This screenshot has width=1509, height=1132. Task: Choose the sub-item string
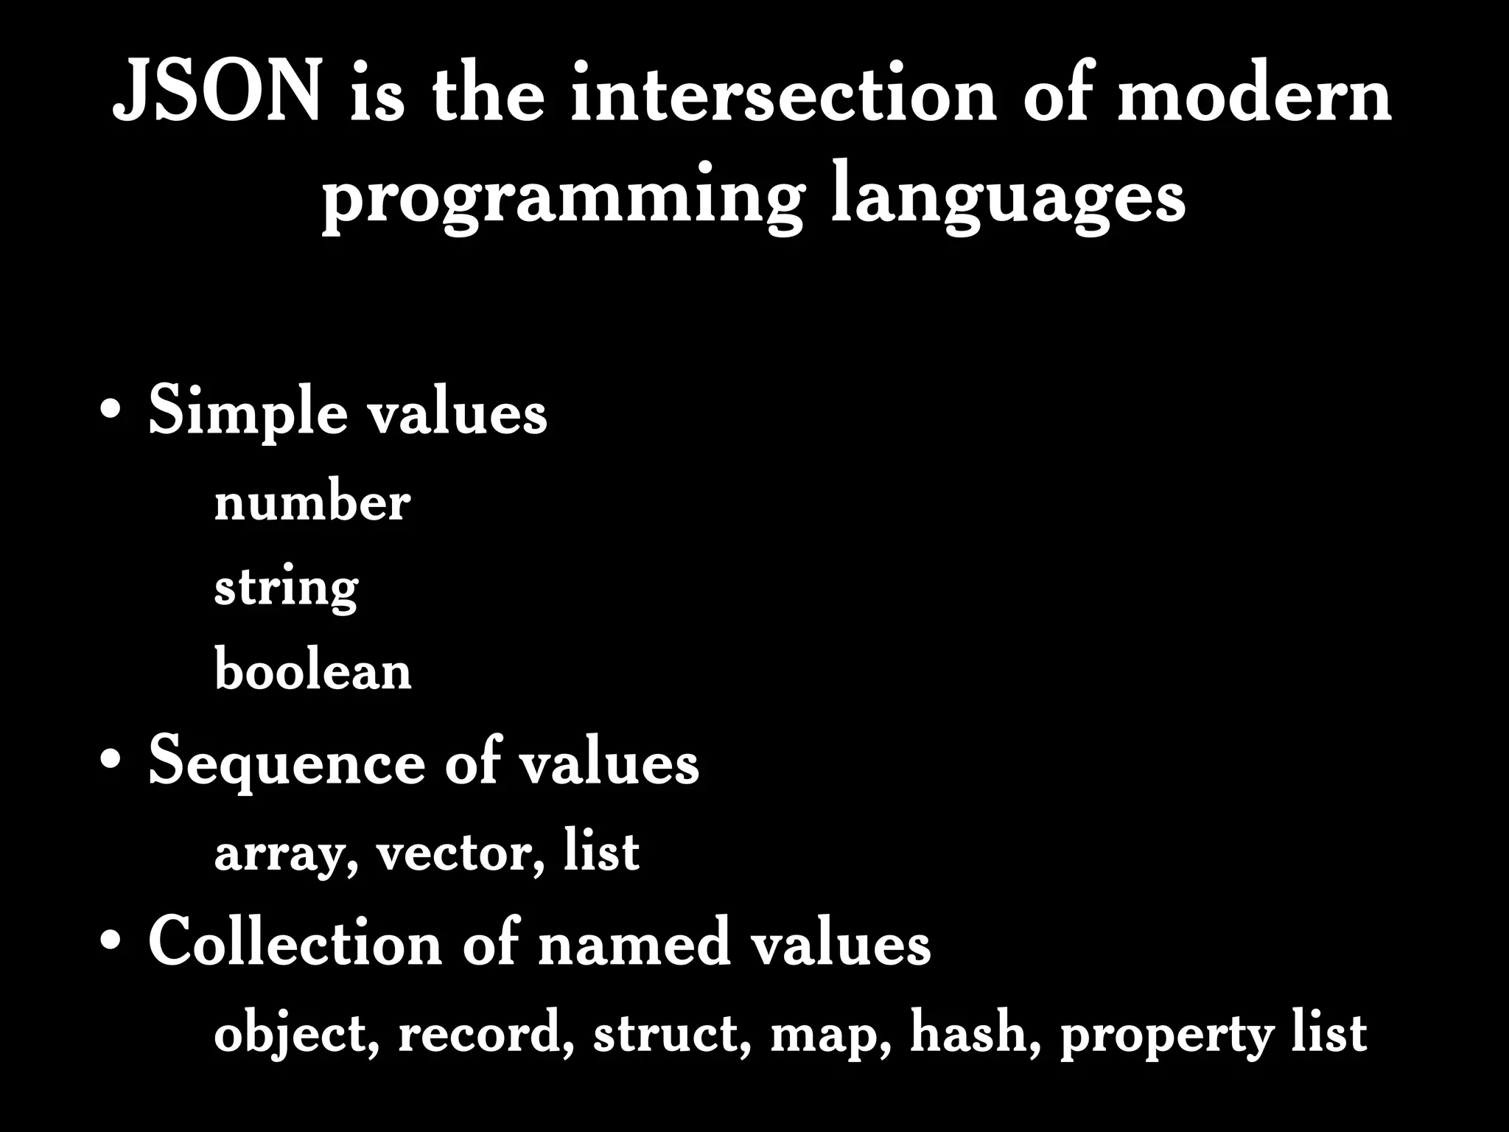(x=286, y=590)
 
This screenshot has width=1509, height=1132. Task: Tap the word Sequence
(x=286, y=764)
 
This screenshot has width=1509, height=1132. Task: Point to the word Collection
(x=294, y=943)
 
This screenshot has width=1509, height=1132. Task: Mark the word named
(x=634, y=943)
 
